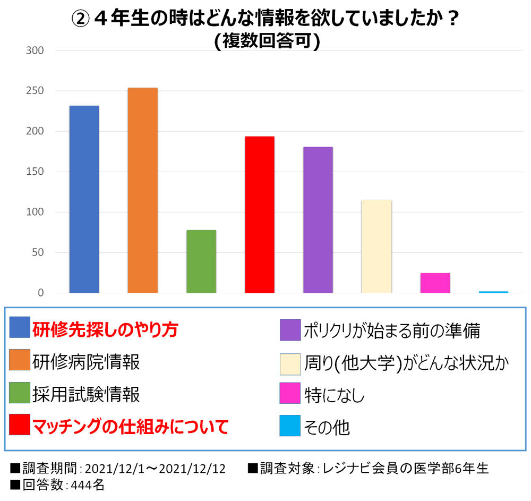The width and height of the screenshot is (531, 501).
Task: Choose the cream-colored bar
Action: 376,247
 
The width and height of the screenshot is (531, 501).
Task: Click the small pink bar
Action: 435,283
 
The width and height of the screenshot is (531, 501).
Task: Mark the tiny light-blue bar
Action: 493,292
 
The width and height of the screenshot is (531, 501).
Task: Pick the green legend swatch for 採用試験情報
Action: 20,394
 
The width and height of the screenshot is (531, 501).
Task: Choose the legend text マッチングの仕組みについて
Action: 130,426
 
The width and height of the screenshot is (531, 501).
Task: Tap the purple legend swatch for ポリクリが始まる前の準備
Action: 290,330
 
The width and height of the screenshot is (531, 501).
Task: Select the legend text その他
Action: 327,426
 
